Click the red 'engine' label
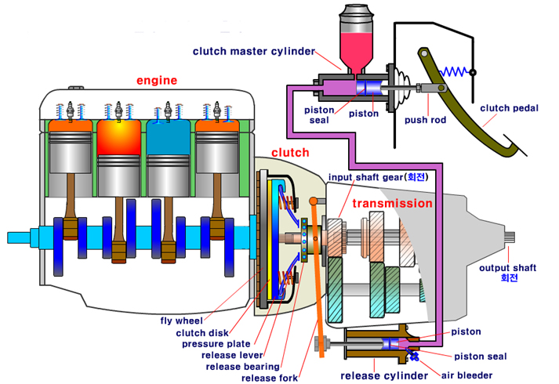pyautogui.click(x=157, y=80)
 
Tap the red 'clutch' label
pyautogui.click(x=290, y=152)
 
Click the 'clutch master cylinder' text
pyautogui.click(x=254, y=52)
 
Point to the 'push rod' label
pyautogui.click(x=427, y=121)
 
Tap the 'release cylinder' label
pyautogui.click(x=373, y=375)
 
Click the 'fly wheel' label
pyautogui.click(x=181, y=321)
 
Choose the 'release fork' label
pyautogui.click(x=270, y=378)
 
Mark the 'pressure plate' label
pyautogui.click(x=216, y=343)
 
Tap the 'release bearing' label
pyautogui.click(x=241, y=366)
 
